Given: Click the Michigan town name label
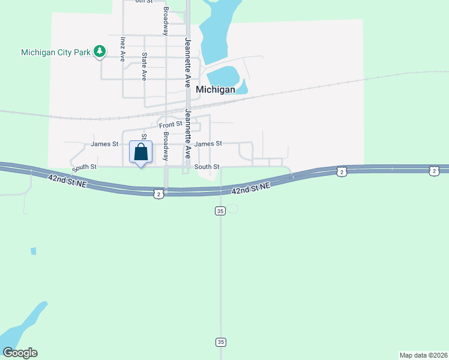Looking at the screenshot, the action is tap(215, 89).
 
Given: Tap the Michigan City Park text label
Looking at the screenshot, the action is tap(55, 52).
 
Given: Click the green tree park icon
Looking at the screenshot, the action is tap(100, 52).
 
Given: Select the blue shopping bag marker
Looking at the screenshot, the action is tap(141, 152).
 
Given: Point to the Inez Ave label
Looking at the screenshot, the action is tap(122, 50).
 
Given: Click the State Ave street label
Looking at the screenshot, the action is tap(144, 66).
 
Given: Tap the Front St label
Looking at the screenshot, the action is tap(170, 124).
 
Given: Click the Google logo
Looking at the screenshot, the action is tap(20, 353).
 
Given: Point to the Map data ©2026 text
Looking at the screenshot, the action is tap(424, 355).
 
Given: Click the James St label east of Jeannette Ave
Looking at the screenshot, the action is tap(208, 144).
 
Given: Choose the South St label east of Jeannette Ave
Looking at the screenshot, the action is tap(207, 167).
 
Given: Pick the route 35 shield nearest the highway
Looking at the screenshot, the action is tap(220, 211).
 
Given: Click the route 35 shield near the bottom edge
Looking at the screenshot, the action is tap(220, 342).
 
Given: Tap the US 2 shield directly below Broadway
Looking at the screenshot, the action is tap(158, 194).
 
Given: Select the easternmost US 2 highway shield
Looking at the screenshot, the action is tap(434, 172).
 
